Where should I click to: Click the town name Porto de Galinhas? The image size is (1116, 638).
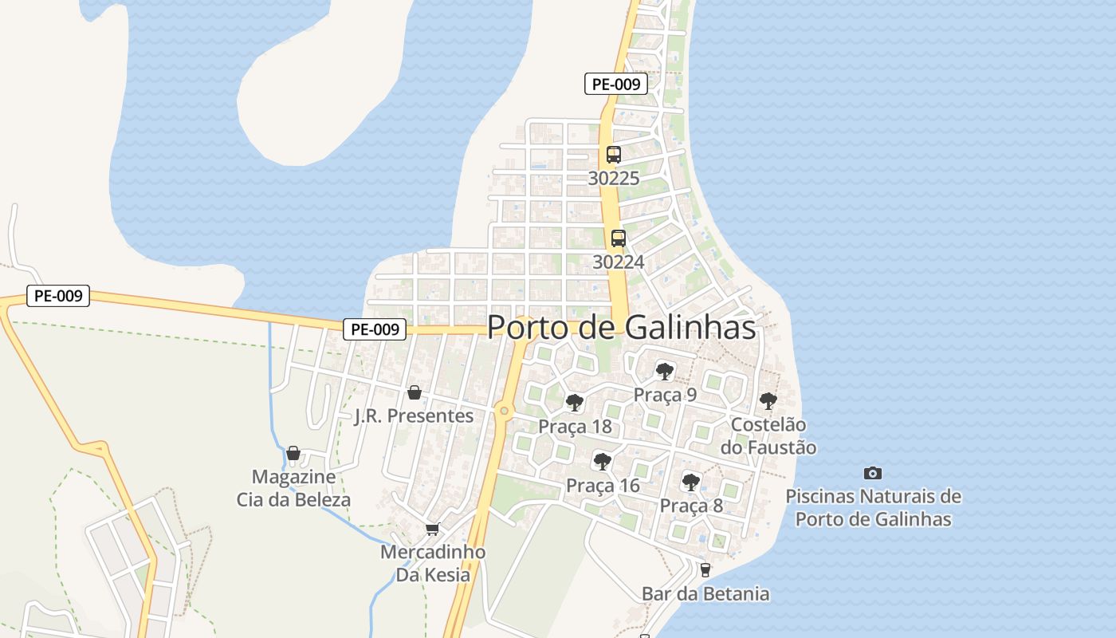621,327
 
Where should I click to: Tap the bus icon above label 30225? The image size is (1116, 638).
613,155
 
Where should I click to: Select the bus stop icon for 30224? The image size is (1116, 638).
618,238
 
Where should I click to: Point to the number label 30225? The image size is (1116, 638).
613,178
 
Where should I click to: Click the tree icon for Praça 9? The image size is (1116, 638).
664,371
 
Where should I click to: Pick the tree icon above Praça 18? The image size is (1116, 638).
574,402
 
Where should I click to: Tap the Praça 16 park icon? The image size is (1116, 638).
603,461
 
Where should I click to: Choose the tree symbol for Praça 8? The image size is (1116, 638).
691,482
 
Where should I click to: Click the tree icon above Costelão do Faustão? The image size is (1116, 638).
768,400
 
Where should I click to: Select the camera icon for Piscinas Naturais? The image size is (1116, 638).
873,473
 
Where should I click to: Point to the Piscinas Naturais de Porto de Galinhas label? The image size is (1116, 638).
874,507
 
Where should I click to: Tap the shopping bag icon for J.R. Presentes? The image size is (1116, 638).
414,392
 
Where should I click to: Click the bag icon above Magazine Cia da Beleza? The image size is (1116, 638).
293,453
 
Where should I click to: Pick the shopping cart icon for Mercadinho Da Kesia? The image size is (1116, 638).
433,529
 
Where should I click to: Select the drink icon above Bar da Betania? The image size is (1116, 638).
705,569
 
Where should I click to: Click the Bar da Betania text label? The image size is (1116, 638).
705,593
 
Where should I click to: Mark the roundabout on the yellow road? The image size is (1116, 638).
503,411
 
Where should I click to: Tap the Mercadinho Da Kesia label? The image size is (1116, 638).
433,563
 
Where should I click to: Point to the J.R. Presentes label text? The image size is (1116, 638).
414,415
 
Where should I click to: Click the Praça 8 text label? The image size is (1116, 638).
691,506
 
